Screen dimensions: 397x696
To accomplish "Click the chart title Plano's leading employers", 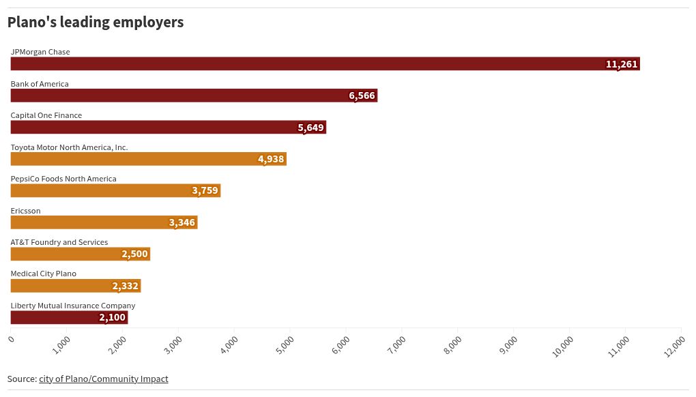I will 96,23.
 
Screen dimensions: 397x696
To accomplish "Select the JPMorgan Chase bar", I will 325,64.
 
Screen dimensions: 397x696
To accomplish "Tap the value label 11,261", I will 621,64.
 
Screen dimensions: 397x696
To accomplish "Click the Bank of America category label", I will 40,84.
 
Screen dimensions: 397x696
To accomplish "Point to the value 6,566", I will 362,95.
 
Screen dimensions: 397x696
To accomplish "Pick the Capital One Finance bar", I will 168,128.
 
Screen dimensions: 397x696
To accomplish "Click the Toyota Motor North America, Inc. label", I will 69,147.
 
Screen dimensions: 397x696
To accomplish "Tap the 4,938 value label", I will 271,159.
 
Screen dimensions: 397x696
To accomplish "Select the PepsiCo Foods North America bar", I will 115,191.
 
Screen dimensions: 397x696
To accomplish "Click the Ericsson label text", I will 25,211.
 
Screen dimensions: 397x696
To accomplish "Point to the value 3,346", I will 182,222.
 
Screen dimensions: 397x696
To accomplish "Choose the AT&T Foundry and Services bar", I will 80,254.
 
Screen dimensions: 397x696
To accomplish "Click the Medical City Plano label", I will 43,274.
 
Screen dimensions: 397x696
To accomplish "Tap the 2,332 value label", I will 126,286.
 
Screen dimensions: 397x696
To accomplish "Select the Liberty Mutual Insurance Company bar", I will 69,318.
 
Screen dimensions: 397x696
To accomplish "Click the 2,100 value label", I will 112,318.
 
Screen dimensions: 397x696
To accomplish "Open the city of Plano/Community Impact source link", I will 103,379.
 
